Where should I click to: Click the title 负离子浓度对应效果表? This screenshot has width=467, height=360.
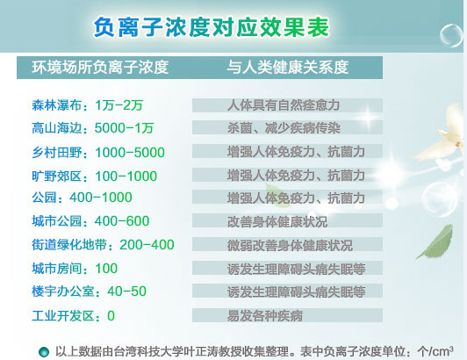[212, 27]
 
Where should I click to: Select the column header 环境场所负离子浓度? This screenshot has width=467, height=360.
[100, 68]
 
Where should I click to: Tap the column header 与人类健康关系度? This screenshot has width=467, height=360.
[288, 68]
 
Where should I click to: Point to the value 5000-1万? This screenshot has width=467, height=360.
[124, 128]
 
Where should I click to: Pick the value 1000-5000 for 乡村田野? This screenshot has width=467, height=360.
[130, 152]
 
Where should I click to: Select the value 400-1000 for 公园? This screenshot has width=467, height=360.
[101, 198]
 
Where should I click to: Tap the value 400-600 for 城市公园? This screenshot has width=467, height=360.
[122, 220]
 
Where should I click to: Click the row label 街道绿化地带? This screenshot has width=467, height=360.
[69, 245]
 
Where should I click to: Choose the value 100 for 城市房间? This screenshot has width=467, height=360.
[106, 268]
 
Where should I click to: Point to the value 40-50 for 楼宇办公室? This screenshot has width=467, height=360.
[127, 292]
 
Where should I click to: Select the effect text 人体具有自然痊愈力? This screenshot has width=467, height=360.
[284, 105]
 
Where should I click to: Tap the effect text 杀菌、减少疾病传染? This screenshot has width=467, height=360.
[284, 128]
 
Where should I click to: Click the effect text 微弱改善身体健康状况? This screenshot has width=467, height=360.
[290, 245]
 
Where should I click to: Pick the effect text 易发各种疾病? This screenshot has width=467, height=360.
[265, 316]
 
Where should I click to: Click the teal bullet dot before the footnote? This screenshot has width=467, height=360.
[44, 352]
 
